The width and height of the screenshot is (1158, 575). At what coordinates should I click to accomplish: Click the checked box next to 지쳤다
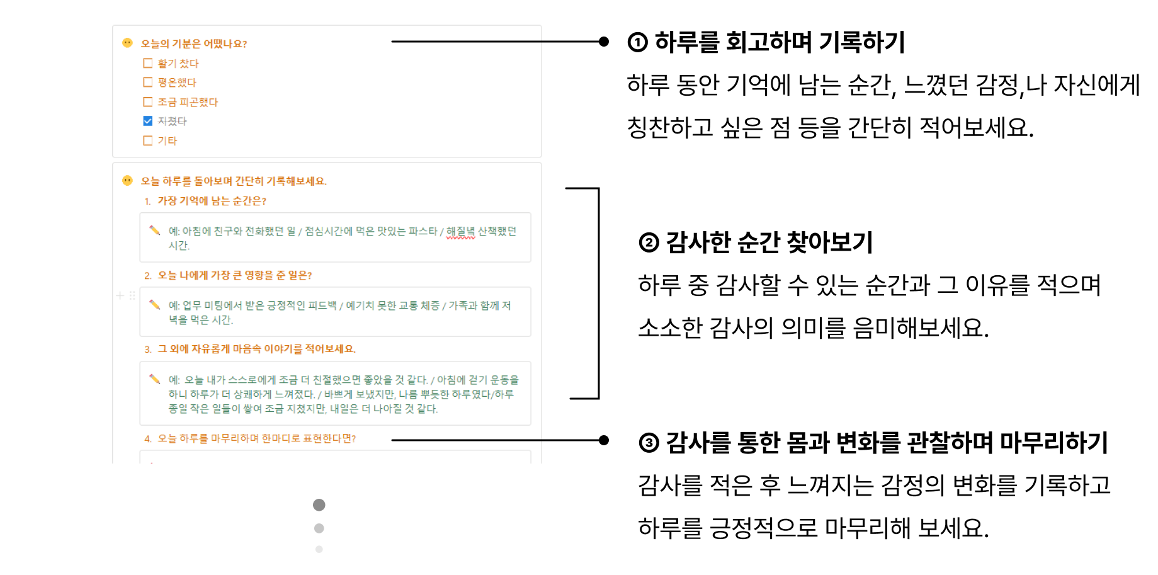tap(148, 121)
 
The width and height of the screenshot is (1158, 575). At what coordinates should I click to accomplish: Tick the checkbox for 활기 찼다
tap(148, 63)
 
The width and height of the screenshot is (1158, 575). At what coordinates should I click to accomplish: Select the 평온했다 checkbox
tap(148, 82)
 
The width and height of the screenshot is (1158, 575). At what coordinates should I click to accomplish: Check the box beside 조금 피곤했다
tap(148, 101)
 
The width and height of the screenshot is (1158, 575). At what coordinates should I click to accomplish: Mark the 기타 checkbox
tap(148, 140)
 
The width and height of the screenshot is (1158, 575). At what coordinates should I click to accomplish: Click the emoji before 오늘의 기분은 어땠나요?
tap(127, 43)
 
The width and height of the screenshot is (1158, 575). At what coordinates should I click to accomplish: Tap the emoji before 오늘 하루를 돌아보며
tap(127, 181)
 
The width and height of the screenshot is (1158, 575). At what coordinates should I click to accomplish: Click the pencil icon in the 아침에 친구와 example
tap(154, 230)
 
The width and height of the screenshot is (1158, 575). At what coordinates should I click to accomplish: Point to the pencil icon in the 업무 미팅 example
tap(154, 304)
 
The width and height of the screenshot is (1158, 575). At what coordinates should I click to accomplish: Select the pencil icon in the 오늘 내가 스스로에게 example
tap(154, 379)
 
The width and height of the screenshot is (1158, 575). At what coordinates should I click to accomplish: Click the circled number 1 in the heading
tap(637, 42)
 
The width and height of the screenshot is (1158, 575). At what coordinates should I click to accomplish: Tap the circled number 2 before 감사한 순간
tap(649, 242)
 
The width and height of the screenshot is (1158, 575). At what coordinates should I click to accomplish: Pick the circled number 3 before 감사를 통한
tap(649, 443)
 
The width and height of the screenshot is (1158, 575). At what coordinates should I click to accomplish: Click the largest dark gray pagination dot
tap(319, 504)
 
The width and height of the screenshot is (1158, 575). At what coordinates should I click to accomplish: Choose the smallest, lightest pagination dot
tap(319, 549)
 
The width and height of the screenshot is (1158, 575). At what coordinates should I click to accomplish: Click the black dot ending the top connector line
tap(604, 42)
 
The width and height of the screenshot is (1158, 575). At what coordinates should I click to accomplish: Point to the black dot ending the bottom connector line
tap(604, 440)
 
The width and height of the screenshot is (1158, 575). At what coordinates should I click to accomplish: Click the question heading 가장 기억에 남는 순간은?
tap(212, 201)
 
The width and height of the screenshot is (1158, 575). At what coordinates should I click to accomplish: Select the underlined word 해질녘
tap(460, 231)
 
